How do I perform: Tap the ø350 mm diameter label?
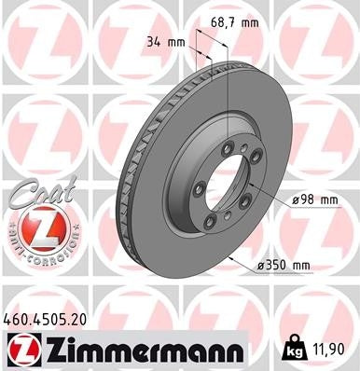pyautogui.click(x=283, y=265)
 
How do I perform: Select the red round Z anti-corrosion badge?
pyautogui.click(x=35, y=229)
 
